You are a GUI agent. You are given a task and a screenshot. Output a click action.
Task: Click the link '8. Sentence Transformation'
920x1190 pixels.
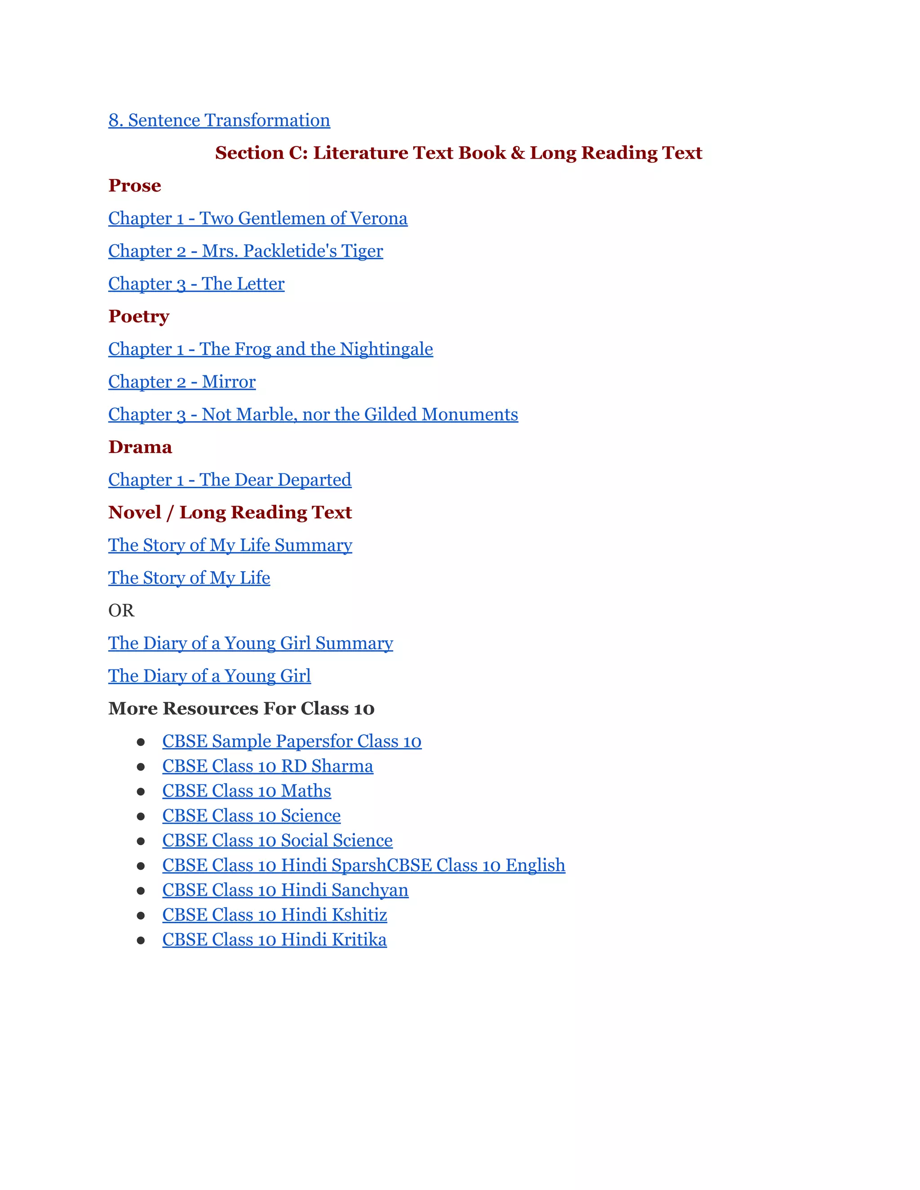click(x=219, y=120)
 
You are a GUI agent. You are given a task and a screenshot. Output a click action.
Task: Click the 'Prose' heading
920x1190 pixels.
click(x=135, y=186)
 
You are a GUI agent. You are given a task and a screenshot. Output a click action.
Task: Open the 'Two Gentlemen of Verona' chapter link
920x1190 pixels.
click(x=258, y=219)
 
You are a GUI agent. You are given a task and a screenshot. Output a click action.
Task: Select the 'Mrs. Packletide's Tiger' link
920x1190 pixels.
click(x=246, y=251)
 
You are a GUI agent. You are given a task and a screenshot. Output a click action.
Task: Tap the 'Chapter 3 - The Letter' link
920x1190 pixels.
click(x=196, y=284)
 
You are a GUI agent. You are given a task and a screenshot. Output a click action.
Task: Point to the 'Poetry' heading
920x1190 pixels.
click(x=138, y=317)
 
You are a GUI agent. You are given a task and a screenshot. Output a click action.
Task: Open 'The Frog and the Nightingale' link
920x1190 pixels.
click(x=270, y=349)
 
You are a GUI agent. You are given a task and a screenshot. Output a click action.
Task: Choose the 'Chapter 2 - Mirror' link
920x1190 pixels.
click(x=182, y=382)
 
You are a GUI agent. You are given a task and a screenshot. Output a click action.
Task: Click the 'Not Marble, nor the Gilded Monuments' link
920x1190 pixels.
click(x=313, y=414)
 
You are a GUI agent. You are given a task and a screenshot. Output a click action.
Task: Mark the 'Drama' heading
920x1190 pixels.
click(x=140, y=447)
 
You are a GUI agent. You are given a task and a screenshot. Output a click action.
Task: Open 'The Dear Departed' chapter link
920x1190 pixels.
click(x=230, y=480)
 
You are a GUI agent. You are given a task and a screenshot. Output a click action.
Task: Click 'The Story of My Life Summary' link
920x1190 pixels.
click(x=230, y=546)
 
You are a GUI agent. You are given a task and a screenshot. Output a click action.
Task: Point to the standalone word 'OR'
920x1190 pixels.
click(x=121, y=611)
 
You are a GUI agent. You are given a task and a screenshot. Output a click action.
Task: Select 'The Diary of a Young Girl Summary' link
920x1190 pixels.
click(x=251, y=643)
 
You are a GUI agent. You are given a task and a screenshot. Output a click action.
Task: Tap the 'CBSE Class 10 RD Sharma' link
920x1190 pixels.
click(x=268, y=766)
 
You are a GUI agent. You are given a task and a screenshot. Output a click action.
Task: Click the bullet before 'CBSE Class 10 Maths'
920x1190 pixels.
click(x=141, y=792)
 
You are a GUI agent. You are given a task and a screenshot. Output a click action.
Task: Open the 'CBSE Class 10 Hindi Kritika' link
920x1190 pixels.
click(x=274, y=940)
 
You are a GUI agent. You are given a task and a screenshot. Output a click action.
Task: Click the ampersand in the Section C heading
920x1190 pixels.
click(x=518, y=153)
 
